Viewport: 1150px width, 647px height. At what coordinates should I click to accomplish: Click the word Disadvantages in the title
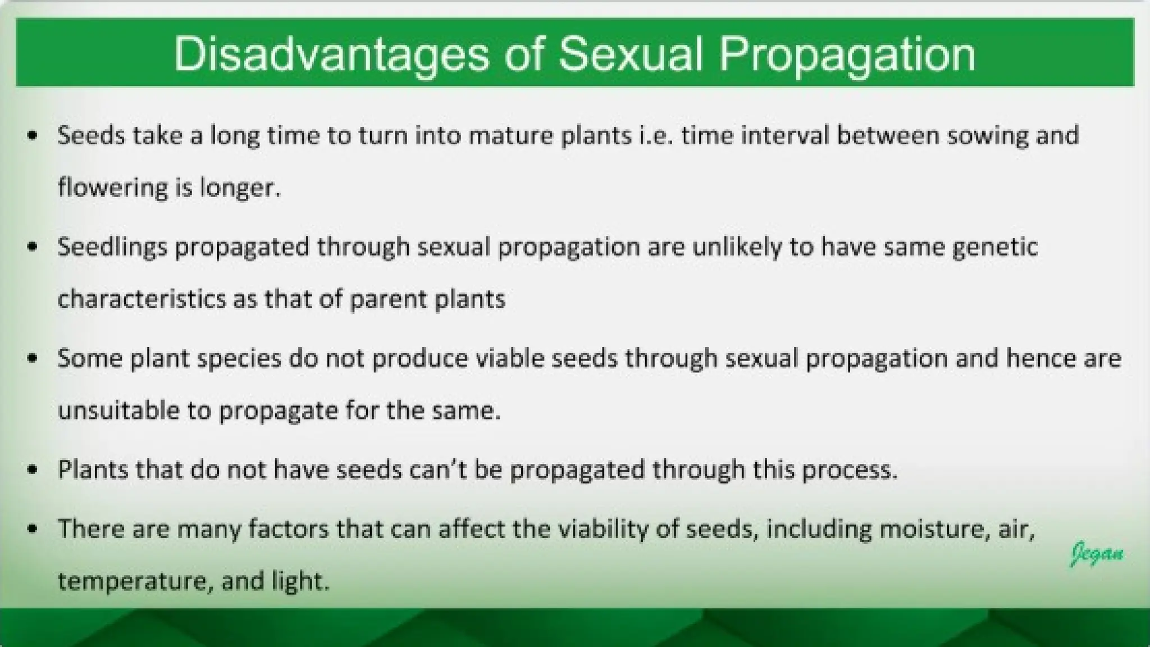(x=331, y=54)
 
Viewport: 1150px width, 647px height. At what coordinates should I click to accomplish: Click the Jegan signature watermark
(x=1097, y=554)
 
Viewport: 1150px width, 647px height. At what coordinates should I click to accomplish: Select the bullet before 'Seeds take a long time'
(x=33, y=136)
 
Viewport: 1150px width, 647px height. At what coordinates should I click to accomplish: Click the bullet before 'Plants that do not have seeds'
(x=33, y=470)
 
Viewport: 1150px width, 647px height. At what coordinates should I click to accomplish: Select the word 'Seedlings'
(x=112, y=247)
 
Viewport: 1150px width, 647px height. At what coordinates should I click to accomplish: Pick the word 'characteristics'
(x=142, y=299)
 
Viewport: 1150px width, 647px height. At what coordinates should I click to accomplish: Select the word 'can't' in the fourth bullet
(x=439, y=470)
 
